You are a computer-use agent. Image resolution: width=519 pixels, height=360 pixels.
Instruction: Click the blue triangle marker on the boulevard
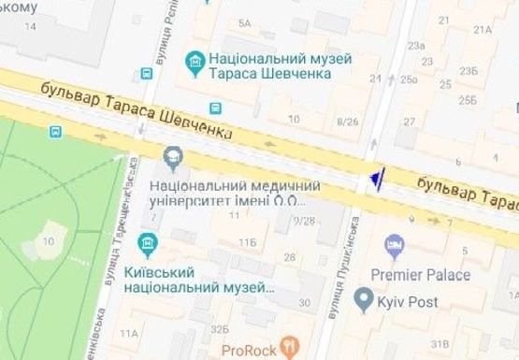click(375, 178)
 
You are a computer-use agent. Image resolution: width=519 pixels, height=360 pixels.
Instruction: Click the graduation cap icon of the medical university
click(173, 154)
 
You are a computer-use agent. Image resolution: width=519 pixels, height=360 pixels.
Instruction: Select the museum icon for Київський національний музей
click(147, 246)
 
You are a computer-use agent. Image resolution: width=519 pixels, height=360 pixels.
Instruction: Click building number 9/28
click(303, 221)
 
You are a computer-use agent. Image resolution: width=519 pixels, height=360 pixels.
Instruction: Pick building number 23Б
click(468, 70)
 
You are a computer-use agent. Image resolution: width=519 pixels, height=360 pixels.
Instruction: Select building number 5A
click(246, 22)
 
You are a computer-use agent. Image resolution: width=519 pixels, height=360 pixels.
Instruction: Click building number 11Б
click(247, 243)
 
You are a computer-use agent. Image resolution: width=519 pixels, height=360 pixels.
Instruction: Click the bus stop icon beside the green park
click(58, 132)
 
